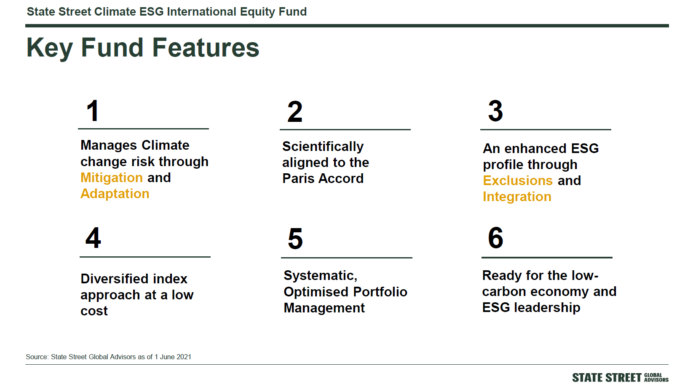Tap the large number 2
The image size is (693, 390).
pyautogui.click(x=295, y=111)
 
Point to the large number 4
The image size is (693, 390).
pyautogui.click(x=93, y=238)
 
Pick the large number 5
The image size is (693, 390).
pyautogui.click(x=295, y=239)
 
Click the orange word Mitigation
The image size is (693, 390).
pyautogui.click(x=112, y=178)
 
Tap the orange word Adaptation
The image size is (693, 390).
pyautogui.click(x=115, y=194)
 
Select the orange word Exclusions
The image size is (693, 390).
pyautogui.click(x=518, y=180)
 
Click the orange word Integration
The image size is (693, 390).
pyautogui.click(x=517, y=197)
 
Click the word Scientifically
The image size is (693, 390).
pyautogui.click(x=323, y=147)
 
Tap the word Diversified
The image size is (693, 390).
pyautogui.click(x=134, y=279)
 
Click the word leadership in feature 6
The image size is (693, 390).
pyautogui.click(x=547, y=308)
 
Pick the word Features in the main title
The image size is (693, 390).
pyautogui.click(x=206, y=48)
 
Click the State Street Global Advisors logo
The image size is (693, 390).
pyautogui.click(x=620, y=378)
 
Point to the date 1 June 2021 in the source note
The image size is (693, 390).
pyautogui.click(x=173, y=357)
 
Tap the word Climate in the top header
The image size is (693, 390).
pyautogui.click(x=115, y=12)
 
